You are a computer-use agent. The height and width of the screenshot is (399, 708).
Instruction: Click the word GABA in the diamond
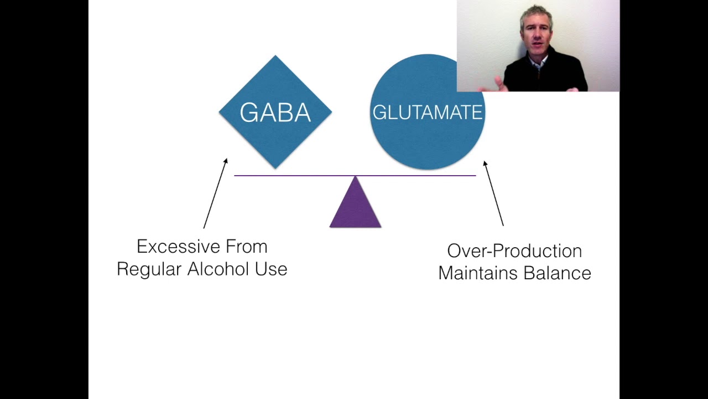tap(275, 112)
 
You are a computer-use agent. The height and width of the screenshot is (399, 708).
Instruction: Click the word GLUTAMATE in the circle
tap(428, 112)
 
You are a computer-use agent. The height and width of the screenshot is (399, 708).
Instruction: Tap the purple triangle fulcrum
tap(355, 202)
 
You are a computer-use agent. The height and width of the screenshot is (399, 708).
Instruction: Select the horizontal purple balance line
tap(355, 176)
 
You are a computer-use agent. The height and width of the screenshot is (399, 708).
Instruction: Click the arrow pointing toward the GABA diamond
tap(216, 193)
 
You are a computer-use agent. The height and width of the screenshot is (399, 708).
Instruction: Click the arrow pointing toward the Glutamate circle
tap(493, 193)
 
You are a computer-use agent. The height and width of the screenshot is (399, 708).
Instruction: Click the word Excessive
tap(178, 247)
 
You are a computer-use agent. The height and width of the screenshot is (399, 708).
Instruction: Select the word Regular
tap(149, 269)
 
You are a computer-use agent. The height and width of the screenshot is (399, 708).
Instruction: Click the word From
tap(247, 247)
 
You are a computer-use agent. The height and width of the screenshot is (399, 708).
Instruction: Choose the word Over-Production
tap(514, 251)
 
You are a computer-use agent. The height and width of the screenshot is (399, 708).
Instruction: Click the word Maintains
tap(478, 273)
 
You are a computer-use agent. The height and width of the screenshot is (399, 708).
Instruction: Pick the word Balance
tap(558, 273)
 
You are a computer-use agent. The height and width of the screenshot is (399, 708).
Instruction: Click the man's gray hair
tap(537, 16)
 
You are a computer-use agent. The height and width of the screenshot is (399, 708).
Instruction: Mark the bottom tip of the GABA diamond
tap(275, 168)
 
